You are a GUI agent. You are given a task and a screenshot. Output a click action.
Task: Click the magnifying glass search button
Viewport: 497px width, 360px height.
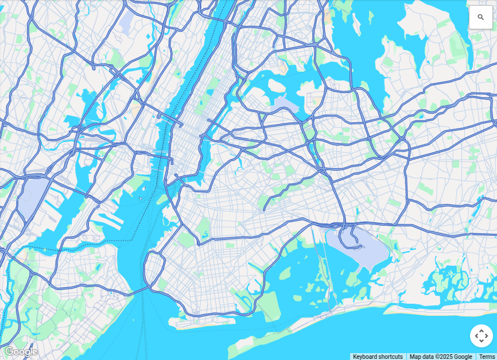click(480, 17)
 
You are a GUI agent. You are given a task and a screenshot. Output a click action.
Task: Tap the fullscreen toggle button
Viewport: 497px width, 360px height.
click(482, 336)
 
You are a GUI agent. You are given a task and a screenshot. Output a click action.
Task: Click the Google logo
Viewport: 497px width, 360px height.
click(21, 351)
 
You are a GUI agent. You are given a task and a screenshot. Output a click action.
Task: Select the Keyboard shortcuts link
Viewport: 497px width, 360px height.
click(378, 357)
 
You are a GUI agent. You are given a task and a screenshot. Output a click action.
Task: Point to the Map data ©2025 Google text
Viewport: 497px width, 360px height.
click(441, 357)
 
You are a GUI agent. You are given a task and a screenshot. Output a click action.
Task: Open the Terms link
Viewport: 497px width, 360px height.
click(487, 357)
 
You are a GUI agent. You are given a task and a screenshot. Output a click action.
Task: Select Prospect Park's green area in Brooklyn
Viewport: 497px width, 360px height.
click(203, 226)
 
